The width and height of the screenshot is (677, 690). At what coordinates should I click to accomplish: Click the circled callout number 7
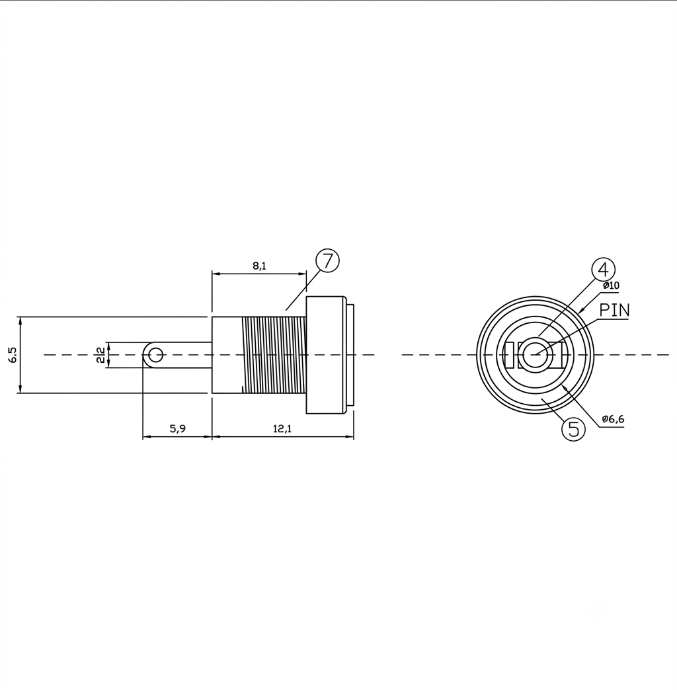(327, 261)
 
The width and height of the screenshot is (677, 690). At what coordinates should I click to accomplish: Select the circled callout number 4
(603, 269)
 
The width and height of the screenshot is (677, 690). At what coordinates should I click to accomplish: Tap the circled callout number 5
(574, 429)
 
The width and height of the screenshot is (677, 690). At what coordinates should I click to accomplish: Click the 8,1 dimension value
(259, 266)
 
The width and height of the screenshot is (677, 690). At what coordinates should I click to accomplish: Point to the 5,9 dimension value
(178, 428)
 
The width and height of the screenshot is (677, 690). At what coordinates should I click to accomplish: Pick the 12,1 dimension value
(282, 428)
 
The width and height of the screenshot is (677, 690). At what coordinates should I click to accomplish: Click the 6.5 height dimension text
(13, 355)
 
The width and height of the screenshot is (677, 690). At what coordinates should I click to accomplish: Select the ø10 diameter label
(611, 285)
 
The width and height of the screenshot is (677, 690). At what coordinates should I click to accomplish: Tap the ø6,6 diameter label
(613, 419)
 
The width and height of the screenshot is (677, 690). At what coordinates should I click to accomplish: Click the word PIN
(614, 310)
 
